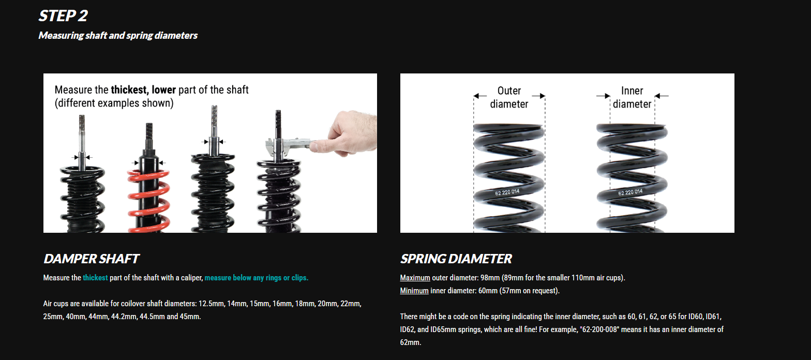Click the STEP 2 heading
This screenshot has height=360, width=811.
(x=63, y=16)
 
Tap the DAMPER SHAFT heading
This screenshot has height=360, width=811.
(x=91, y=259)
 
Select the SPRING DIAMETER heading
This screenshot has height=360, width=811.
(x=456, y=259)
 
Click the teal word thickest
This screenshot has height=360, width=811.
(x=95, y=278)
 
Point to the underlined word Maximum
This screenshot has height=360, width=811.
(x=415, y=278)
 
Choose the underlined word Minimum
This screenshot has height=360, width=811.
(x=414, y=291)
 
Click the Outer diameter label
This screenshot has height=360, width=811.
(x=509, y=97)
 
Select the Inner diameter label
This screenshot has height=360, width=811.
(x=632, y=97)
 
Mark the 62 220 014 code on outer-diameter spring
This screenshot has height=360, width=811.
(x=507, y=192)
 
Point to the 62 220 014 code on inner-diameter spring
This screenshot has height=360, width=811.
(x=630, y=192)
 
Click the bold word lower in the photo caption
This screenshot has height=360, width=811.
(x=163, y=90)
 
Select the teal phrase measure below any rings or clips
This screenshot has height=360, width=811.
(x=257, y=278)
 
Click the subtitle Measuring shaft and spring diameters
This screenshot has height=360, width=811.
(x=118, y=36)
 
